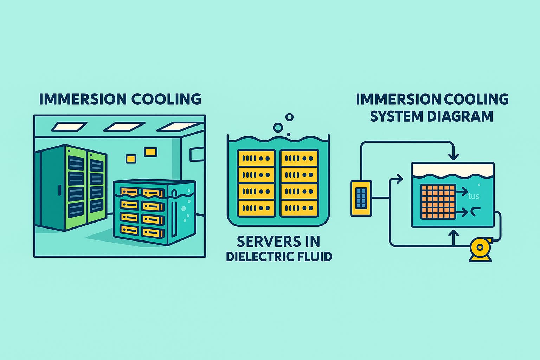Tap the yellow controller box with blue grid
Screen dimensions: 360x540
361,198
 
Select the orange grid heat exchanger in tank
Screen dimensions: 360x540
438,201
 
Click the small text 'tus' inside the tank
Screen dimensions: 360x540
474,196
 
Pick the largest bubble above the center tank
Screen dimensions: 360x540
278,128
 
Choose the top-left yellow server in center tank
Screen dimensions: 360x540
256,158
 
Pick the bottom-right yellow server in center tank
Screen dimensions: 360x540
299,208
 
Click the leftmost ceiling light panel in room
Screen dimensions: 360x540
69,127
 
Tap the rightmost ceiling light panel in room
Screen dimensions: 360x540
179,127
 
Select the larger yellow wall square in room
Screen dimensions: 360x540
150,152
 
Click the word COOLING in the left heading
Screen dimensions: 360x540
166,99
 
